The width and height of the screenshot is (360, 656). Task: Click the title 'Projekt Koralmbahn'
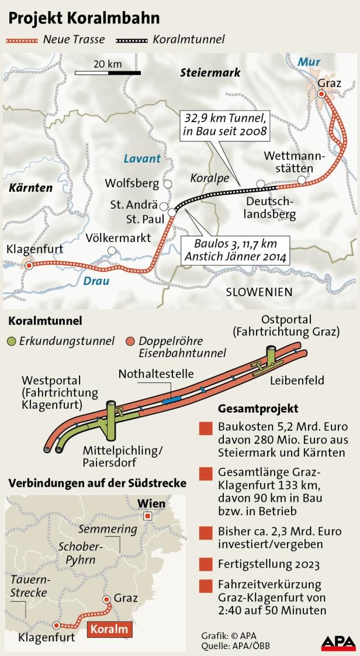pos(84,18)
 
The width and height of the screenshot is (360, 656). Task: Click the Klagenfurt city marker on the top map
pos(29,265)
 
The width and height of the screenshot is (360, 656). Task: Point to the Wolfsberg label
pos(131,184)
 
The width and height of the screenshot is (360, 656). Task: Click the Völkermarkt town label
pos(117,239)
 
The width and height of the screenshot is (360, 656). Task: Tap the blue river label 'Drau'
pos(96,281)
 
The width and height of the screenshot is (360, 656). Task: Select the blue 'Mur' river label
pos(309,61)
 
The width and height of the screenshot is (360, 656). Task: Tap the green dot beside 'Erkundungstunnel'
pos(12,340)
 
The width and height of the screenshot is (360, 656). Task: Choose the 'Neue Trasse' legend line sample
pos(22,40)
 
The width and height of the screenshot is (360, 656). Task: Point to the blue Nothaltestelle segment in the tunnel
pos(172,400)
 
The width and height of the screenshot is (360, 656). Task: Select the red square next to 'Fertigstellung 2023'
pos(205,565)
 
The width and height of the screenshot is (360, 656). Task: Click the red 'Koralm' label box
pos(110,630)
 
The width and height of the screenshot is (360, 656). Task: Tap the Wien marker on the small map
pos(148,515)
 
